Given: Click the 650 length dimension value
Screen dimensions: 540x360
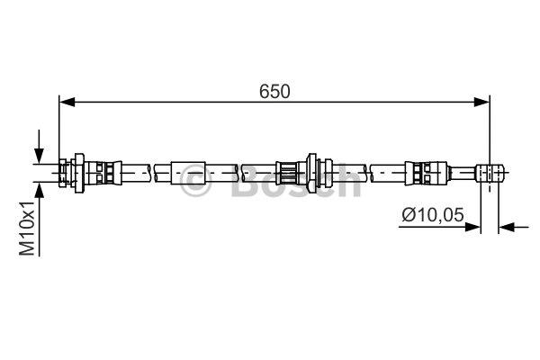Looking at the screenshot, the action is (x=274, y=92).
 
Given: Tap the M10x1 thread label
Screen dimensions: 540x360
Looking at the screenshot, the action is (x=27, y=229).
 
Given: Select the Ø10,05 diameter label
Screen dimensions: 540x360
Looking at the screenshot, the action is (x=433, y=215).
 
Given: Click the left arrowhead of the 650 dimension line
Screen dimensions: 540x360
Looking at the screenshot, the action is (x=67, y=102).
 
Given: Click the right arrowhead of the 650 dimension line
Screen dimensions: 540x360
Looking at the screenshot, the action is (x=481, y=102).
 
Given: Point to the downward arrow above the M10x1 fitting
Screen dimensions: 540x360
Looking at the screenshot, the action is (x=40, y=147).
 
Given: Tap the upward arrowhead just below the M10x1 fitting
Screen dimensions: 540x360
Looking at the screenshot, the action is (x=40, y=190).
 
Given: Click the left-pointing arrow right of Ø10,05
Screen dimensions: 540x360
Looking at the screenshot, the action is (x=514, y=227).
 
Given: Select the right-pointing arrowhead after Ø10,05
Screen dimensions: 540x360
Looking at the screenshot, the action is (x=472, y=227).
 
